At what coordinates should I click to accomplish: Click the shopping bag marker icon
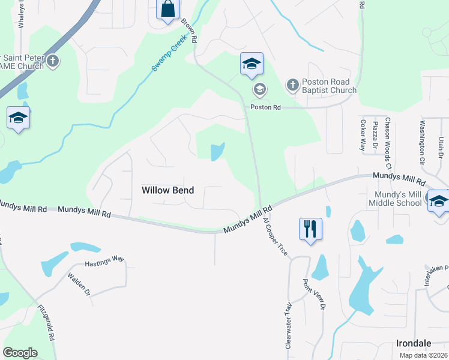pos(167,10)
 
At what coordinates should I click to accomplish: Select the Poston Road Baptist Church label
pos(329,86)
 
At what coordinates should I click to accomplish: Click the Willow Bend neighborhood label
pos(167,190)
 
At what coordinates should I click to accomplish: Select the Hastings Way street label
pos(104,259)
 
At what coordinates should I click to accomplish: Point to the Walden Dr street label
pos(79,285)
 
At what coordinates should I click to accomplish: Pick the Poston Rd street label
pos(266,107)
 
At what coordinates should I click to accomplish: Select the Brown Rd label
pos(188,31)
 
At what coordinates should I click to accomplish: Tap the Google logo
pos(20,353)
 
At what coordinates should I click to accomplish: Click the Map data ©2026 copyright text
pos(423,355)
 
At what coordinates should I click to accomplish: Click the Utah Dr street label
pos(441,148)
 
